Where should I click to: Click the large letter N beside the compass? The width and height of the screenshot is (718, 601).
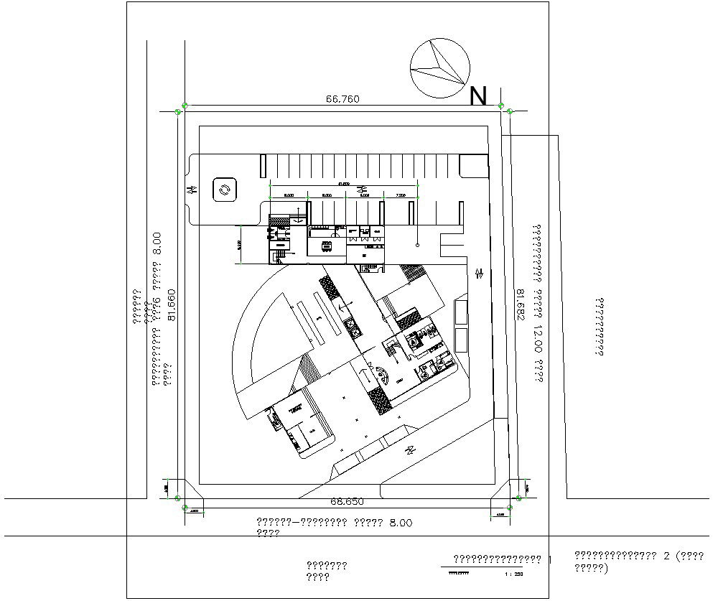click(x=478, y=96)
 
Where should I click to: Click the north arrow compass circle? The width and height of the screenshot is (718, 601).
click(x=439, y=68)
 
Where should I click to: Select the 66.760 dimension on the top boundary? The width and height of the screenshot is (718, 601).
click(x=342, y=99)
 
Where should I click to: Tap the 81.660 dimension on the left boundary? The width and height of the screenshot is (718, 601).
click(x=171, y=306)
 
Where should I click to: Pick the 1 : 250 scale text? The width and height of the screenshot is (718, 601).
click(x=514, y=574)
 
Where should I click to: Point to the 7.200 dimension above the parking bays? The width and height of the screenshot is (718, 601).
click(x=400, y=195)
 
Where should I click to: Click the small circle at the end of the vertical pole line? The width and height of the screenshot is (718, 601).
click(x=417, y=245)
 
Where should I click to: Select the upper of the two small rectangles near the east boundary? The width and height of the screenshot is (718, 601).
click(x=461, y=312)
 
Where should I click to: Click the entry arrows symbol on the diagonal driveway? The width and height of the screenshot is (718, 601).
click(x=410, y=450)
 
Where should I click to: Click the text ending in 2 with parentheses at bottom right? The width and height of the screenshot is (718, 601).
click(x=638, y=562)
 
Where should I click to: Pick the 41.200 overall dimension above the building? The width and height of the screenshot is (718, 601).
click(x=342, y=184)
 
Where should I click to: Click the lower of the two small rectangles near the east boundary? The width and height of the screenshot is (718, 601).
click(x=461, y=340)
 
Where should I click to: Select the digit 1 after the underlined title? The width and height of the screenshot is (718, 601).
click(x=550, y=559)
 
